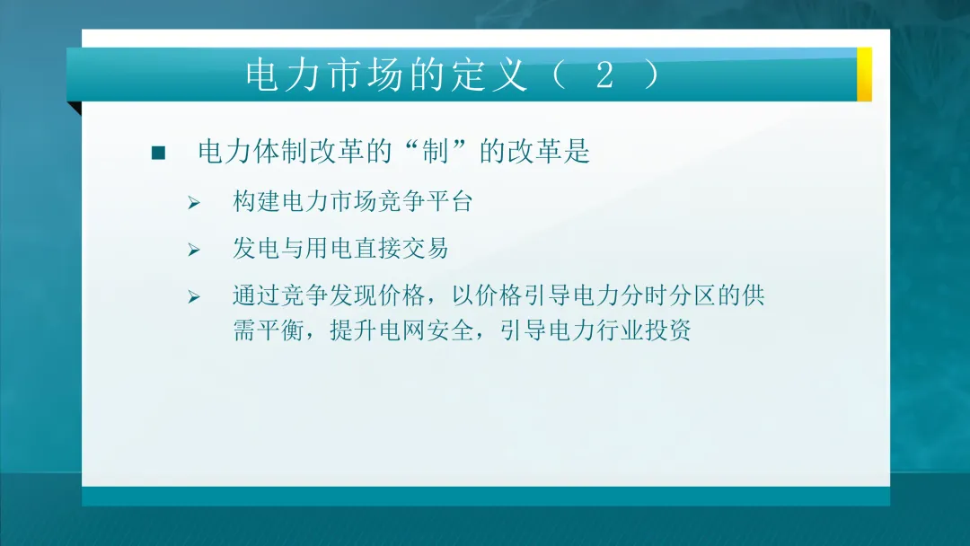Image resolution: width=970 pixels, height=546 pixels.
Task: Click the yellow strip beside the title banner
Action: [x=864, y=74]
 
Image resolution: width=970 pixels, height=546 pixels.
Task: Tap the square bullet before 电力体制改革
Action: [x=159, y=153]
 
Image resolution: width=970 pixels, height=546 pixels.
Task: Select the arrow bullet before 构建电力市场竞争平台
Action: [x=193, y=203]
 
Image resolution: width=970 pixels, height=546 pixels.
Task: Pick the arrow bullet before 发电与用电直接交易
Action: [x=193, y=250]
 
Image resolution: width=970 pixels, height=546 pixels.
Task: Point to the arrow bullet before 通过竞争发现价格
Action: [x=193, y=296]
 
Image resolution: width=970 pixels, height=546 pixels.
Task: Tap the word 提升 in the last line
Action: [x=351, y=330]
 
